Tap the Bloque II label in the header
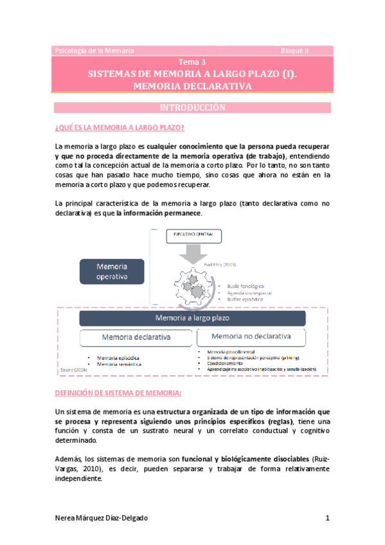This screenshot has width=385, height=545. [x=295, y=50]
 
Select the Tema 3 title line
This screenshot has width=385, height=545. [x=192, y=62]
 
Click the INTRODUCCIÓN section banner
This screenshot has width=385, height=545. [x=192, y=107]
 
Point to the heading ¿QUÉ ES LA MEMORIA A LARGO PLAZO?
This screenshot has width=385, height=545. [x=120, y=127]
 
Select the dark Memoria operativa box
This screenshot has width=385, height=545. [x=112, y=271]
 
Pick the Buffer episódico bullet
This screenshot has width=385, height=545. [x=241, y=299]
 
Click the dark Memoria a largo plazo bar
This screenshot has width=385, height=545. [x=192, y=318]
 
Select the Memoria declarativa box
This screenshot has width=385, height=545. [x=136, y=337]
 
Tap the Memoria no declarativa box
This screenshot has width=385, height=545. [x=251, y=336]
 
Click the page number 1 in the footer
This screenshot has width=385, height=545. [x=327, y=518]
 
